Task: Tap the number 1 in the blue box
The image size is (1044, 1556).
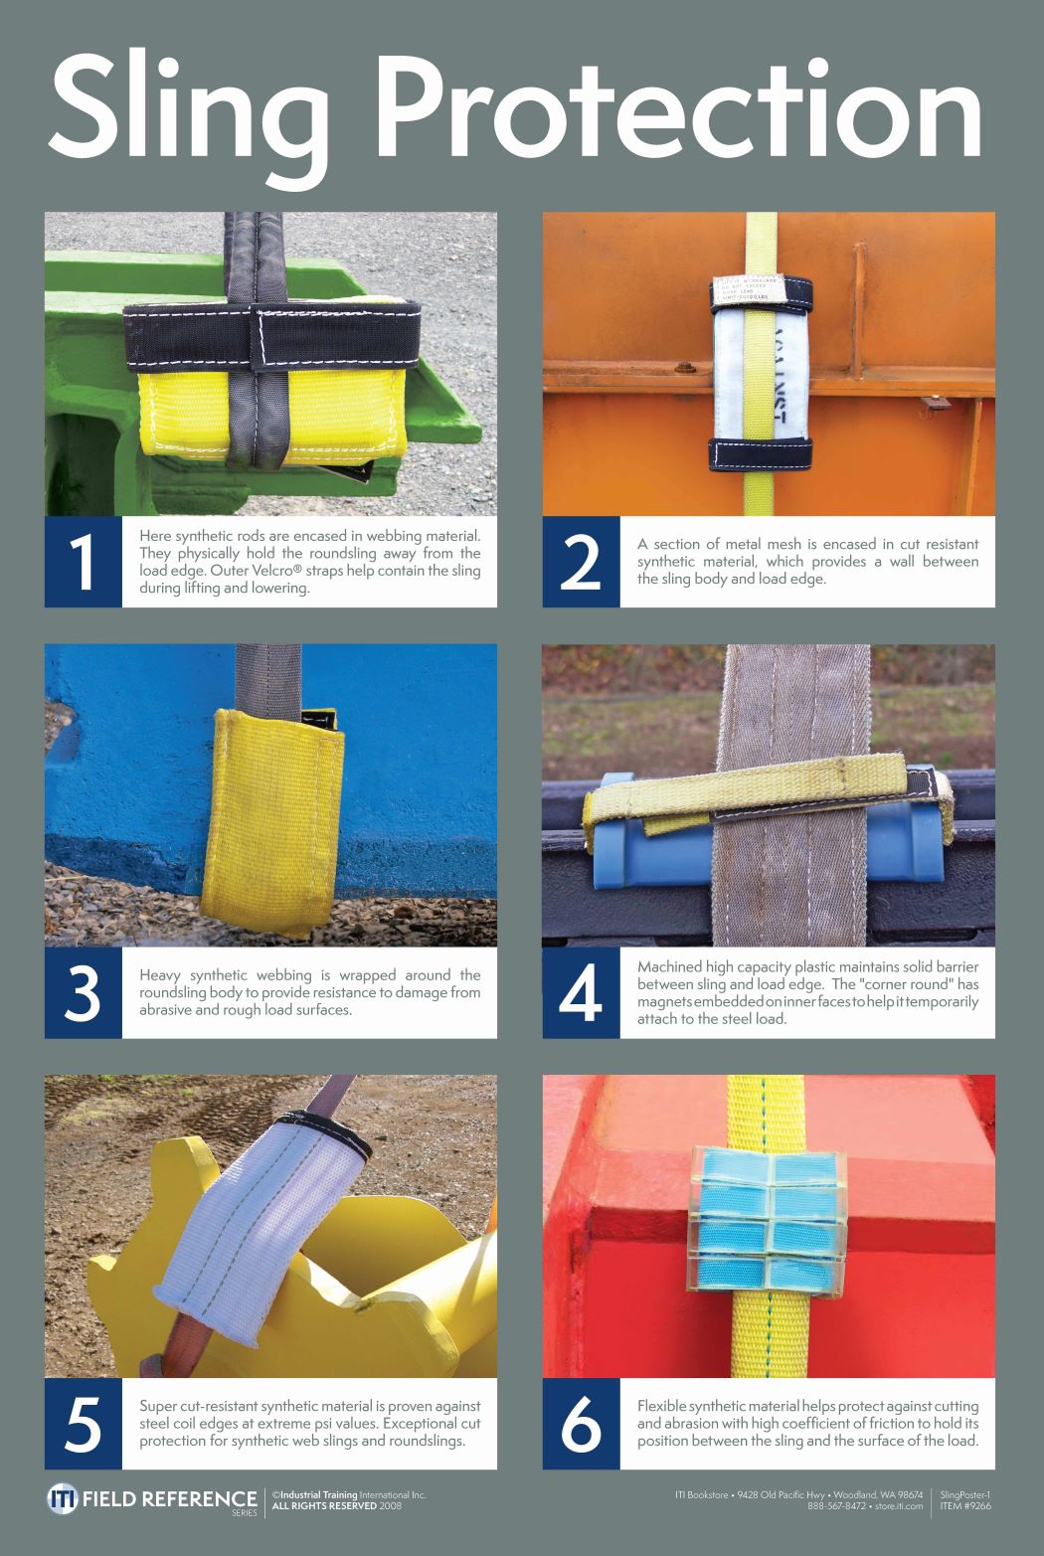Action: coord(83,562)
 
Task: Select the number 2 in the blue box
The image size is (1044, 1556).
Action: coord(581,562)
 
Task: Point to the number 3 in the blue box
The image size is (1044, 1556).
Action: coord(83,992)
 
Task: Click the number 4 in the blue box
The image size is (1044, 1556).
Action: coord(581,992)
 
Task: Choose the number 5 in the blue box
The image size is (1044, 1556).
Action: coord(83,1424)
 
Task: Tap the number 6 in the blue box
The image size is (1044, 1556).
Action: coord(581,1424)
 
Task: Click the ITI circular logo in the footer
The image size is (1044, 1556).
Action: coord(62,1499)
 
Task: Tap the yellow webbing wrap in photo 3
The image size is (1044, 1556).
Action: coord(268,815)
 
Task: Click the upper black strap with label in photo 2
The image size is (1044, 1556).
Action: coord(762,292)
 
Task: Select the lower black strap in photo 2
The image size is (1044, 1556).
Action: coord(760,452)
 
